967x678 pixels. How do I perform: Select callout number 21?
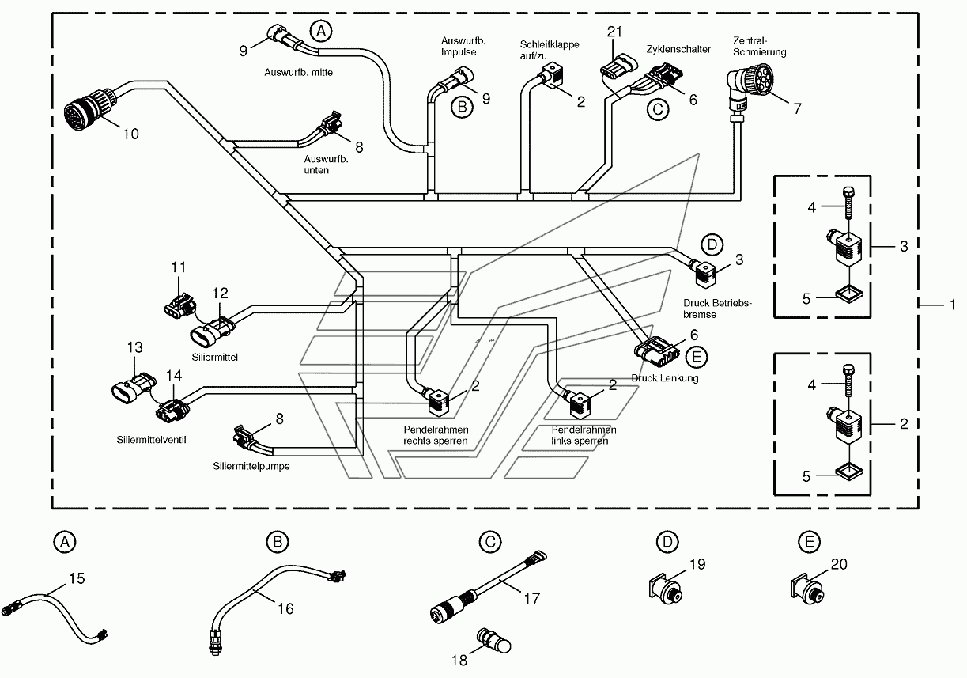point(614,32)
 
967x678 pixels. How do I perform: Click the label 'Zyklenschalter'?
point(678,49)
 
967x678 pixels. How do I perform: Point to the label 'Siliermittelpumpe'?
point(251,467)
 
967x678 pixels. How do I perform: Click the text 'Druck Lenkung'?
point(665,378)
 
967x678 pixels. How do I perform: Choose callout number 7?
point(797,108)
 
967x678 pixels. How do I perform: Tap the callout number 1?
point(953,305)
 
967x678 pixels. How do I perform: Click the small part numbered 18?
point(494,641)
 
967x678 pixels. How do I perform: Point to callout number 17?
point(532,599)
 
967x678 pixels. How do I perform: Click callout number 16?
point(285,609)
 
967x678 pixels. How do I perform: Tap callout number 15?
point(77,578)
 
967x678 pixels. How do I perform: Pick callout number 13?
point(134,347)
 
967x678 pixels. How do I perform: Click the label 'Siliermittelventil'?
point(151,440)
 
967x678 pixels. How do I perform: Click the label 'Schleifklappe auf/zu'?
point(549,50)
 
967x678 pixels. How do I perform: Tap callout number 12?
point(220,294)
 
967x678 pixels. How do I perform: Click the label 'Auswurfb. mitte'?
point(298,73)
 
